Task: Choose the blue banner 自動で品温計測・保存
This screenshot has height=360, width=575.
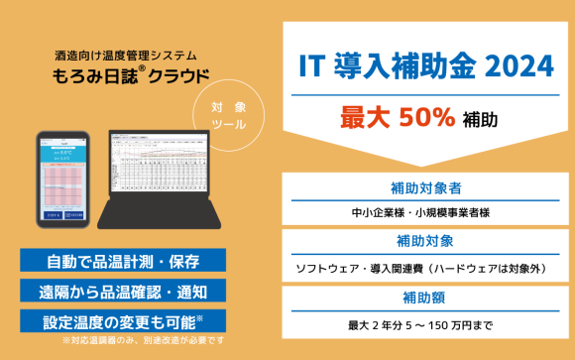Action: pos(123,262)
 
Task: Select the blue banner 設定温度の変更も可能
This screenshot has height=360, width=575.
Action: pos(123,320)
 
